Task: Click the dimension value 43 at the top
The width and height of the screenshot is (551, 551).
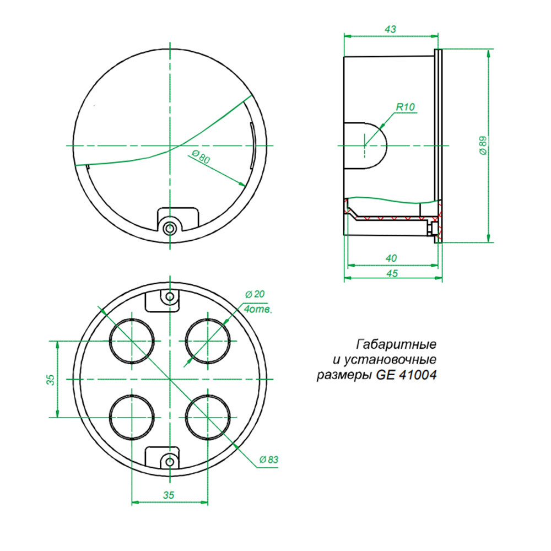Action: tap(390, 29)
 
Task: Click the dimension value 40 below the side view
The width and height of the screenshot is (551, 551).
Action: tap(392, 258)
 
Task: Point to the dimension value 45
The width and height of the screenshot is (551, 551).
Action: tap(392, 273)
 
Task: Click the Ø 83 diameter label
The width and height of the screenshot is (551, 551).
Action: tap(268, 459)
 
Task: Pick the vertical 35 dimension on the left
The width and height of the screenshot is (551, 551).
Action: tap(50, 379)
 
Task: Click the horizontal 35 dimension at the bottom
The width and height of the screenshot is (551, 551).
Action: tap(169, 495)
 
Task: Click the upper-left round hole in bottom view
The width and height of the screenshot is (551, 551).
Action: tap(132, 341)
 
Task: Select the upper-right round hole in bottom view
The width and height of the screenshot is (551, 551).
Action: tap(208, 341)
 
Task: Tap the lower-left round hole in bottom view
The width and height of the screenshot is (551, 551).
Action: tap(132, 417)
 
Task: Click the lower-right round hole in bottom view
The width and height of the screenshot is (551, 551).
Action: tap(208, 417)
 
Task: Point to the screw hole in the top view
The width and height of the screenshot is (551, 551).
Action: tap(170, 228)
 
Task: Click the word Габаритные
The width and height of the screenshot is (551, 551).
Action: tap(397, 345)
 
